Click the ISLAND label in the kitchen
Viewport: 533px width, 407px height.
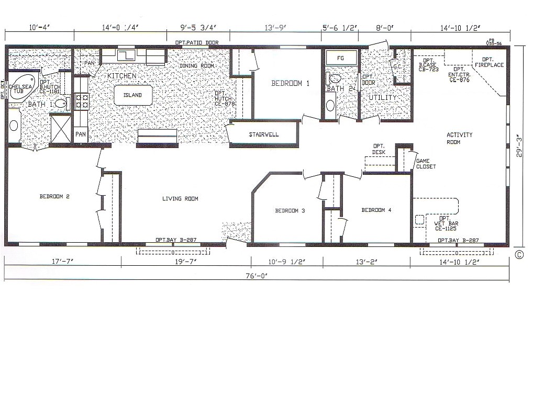pos(133,95)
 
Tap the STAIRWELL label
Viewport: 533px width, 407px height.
pos(264,134)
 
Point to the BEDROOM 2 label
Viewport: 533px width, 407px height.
pos(54,197)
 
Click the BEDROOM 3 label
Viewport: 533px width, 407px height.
pos(290,211)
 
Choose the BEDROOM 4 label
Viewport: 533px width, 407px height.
pos(376,210)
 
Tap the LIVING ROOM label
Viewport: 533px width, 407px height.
pos(180,199)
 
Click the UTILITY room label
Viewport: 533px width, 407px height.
pos(383,98)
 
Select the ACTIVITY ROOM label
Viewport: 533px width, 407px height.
pos(459,138)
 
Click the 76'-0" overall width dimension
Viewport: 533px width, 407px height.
pos(257,275)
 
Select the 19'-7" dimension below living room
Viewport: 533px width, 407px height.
pos(186,261)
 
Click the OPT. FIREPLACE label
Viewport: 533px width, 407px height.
pos(490,62)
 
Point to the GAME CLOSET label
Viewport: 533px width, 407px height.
pos(426,164)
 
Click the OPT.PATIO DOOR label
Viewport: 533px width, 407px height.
pos(193,42)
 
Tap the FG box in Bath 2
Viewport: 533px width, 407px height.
pos(340,58)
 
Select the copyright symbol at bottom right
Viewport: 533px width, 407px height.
pos(519,255)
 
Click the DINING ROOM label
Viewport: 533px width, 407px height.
pos(197,66)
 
